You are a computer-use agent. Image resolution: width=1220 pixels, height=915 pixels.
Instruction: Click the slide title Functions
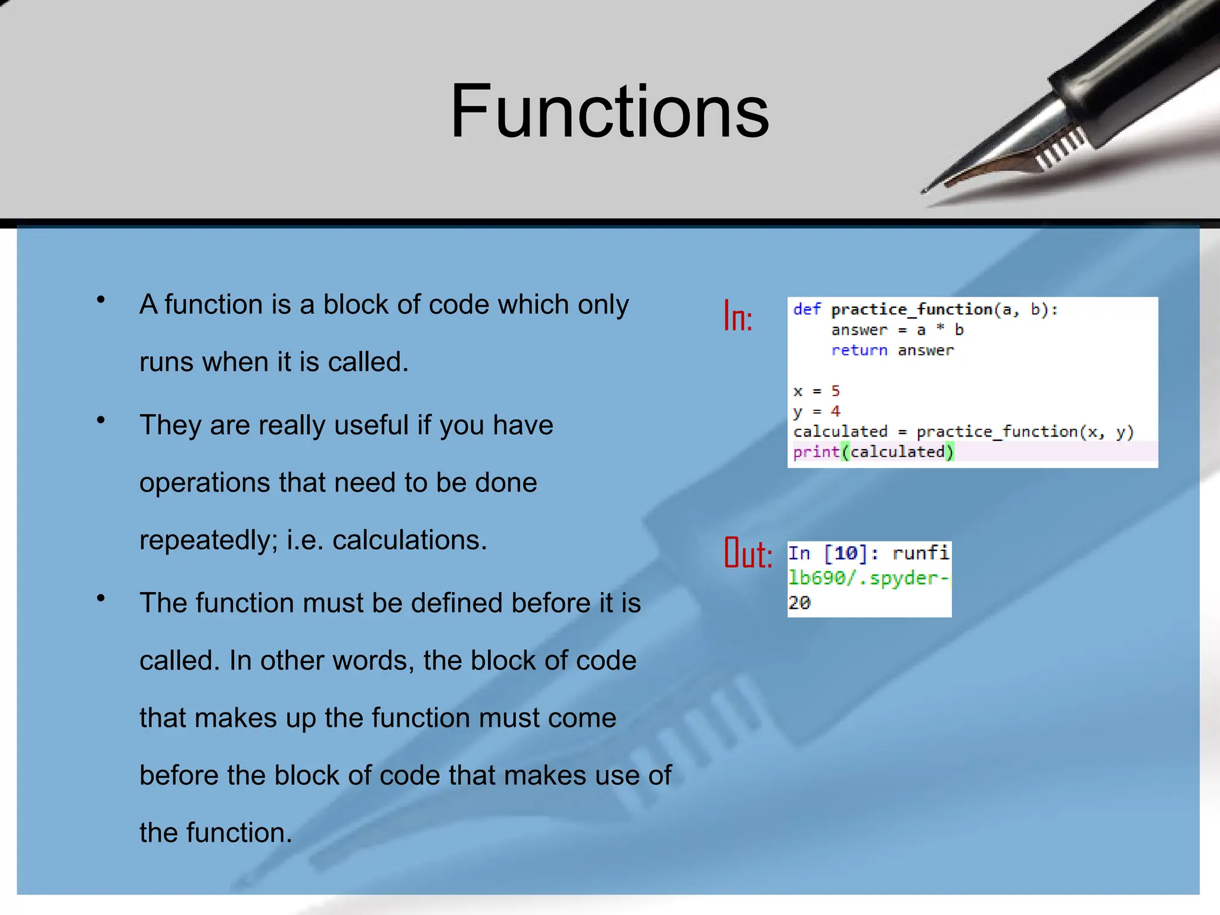point(609,112)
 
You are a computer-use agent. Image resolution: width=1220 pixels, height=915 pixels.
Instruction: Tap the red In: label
point(738,316)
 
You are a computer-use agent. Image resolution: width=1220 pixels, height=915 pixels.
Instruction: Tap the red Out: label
point(748,553)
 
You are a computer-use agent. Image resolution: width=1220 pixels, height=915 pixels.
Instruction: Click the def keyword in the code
point(807,309)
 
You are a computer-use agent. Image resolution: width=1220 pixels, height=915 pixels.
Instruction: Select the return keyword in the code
point(859,350)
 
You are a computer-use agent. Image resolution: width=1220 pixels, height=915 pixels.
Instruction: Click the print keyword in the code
point(816,452)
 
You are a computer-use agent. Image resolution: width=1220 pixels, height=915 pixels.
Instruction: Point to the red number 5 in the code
point(835,391)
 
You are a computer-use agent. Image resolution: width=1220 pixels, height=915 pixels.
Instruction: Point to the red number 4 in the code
point(835,411)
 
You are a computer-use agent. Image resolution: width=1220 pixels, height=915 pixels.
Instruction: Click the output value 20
point(799,603)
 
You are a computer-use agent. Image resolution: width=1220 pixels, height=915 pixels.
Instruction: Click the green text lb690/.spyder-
point(869,578)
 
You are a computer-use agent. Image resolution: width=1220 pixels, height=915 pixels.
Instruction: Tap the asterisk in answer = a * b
point(940,328)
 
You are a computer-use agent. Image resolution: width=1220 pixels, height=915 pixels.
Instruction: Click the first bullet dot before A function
point(101,300)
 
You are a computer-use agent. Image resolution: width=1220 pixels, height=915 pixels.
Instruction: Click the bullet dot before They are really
point(101,421)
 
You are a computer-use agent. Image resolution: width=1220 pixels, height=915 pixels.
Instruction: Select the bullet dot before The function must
point(101,598)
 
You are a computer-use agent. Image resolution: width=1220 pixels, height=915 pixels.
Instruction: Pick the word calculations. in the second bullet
point(409,540)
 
